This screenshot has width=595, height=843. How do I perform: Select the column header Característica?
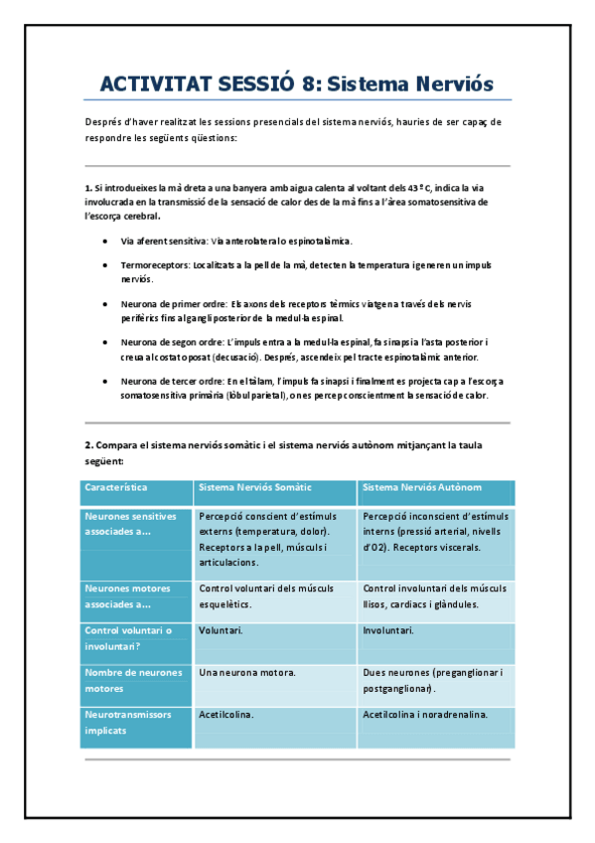click(116, 488)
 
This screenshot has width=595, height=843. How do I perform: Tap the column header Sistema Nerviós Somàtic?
click(255, 488)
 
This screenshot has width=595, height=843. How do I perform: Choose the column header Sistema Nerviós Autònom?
click(422, 488)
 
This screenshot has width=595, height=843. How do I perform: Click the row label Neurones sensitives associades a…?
click(130, 524)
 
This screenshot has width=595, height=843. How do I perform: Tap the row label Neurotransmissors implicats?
click(128, 722)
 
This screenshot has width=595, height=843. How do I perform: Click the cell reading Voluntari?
click(221, 630)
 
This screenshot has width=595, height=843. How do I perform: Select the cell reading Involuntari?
click(388, 630)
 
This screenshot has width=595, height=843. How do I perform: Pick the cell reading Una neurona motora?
click(246, 673)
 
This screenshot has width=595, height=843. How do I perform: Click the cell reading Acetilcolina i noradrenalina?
click(425, 715)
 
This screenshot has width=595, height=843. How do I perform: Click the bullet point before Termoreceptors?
click(107, 265)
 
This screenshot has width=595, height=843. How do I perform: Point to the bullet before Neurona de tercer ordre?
click(107, 381)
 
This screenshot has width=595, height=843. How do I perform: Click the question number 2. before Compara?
click(88, 445)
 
